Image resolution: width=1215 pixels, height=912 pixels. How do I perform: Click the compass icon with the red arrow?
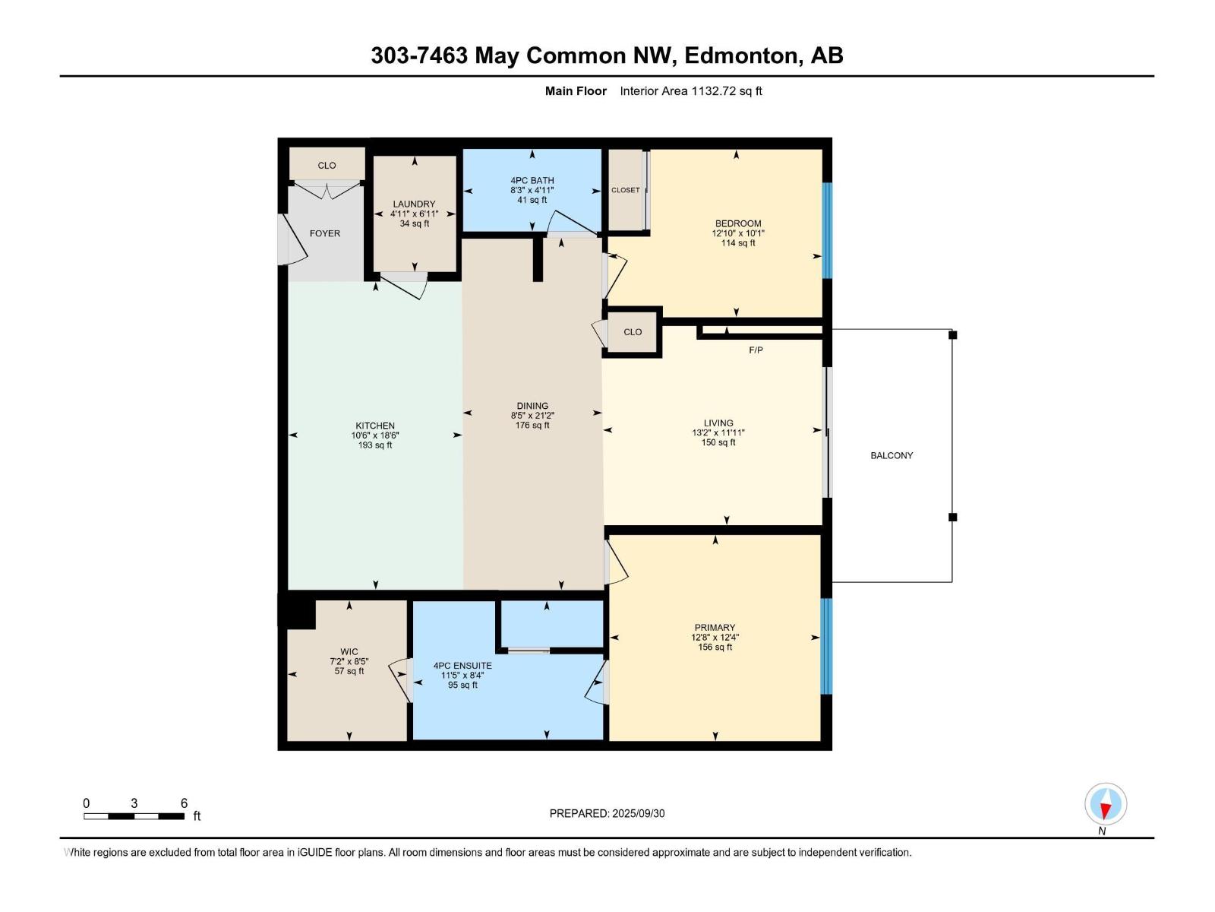coord(1106,804)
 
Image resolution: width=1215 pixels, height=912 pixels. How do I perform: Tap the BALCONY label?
coord(892,455)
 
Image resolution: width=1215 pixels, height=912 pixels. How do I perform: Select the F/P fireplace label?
coord(756,350)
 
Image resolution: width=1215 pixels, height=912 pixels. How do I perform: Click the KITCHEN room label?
coord(375,426)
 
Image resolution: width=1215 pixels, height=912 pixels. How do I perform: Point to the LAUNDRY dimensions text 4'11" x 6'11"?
coord(414,214)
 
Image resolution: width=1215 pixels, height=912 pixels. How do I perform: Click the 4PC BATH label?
coord(532,180)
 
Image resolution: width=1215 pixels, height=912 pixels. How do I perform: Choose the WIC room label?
coord(349,651)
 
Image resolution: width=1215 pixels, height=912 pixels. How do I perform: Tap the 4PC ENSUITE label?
coord(462,666)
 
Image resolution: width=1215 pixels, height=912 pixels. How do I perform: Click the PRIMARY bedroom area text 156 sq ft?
coord(715,648)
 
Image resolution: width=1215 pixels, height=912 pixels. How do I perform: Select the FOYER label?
coord(325,233)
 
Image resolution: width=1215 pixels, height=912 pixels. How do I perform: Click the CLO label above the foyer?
coord(327,165)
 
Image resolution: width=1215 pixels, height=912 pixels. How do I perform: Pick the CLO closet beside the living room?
coord(633,332)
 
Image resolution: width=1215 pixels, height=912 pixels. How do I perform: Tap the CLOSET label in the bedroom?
coord(625,190)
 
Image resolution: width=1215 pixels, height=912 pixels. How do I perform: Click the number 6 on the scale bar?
coord(184,803)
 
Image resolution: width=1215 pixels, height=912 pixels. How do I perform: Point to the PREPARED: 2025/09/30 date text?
coord(607,813)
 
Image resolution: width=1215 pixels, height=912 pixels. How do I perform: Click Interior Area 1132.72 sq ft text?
coord(690,91)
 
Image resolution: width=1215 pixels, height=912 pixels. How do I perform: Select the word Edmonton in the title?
coord(743,55)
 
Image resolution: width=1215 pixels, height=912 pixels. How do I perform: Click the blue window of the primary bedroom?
coord(827,646)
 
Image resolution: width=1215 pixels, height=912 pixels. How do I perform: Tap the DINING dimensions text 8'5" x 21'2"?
coord(532,416)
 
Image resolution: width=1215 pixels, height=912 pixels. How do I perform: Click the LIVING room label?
coord(718,423)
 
